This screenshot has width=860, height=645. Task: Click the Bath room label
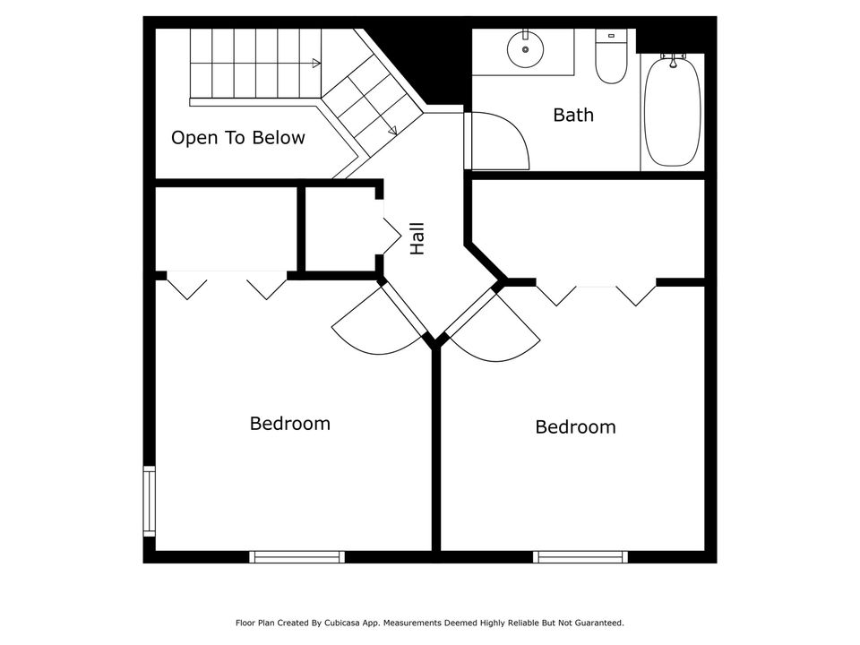click(573, 115)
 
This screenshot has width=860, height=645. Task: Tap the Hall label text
click(417, 239)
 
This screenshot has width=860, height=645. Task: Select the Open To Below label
click(238, 138)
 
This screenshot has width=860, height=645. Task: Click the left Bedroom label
click(289, 424)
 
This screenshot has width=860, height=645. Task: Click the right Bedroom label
click(575, 427)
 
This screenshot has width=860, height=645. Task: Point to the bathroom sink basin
click(525, 49)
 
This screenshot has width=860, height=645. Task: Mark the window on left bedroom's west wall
click(150, 502)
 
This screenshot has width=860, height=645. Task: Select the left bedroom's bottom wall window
click(297, 557)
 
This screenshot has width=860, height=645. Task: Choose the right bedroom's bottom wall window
click(580, 557)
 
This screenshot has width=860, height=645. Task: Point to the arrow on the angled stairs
click(391, 130)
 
